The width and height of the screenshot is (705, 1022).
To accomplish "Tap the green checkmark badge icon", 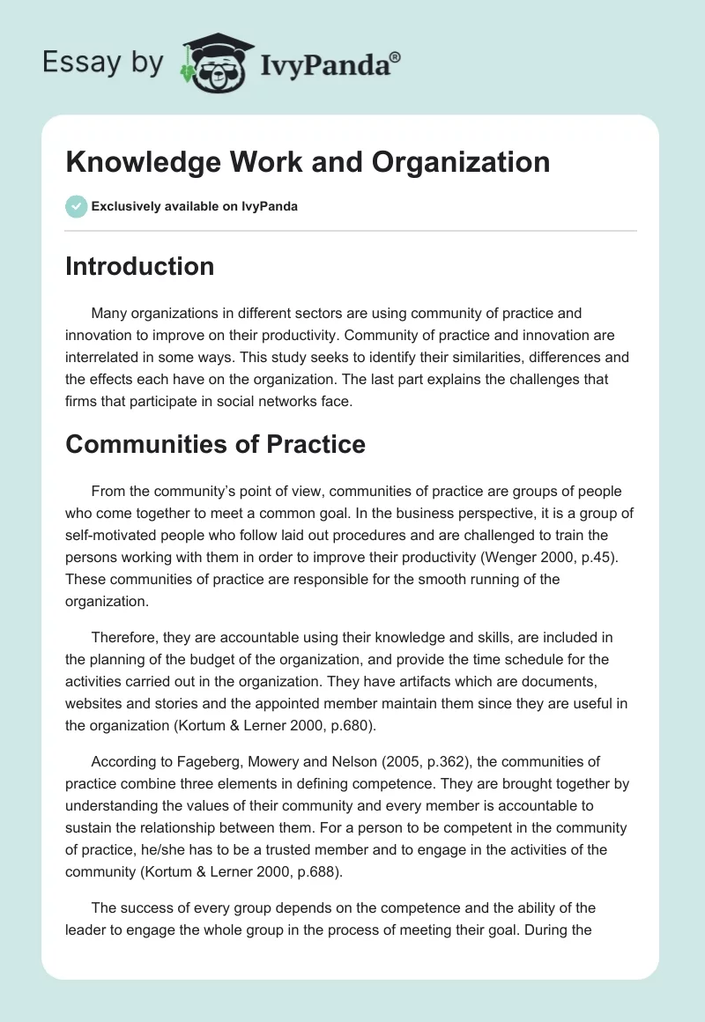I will [76, 206].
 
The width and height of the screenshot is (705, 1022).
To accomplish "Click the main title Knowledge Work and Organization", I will [308, 162].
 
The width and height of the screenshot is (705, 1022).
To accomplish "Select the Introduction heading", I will [139, 266].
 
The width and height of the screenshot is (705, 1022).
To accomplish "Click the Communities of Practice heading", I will [215, 444].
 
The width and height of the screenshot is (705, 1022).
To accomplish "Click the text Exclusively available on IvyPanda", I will [194, 207].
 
